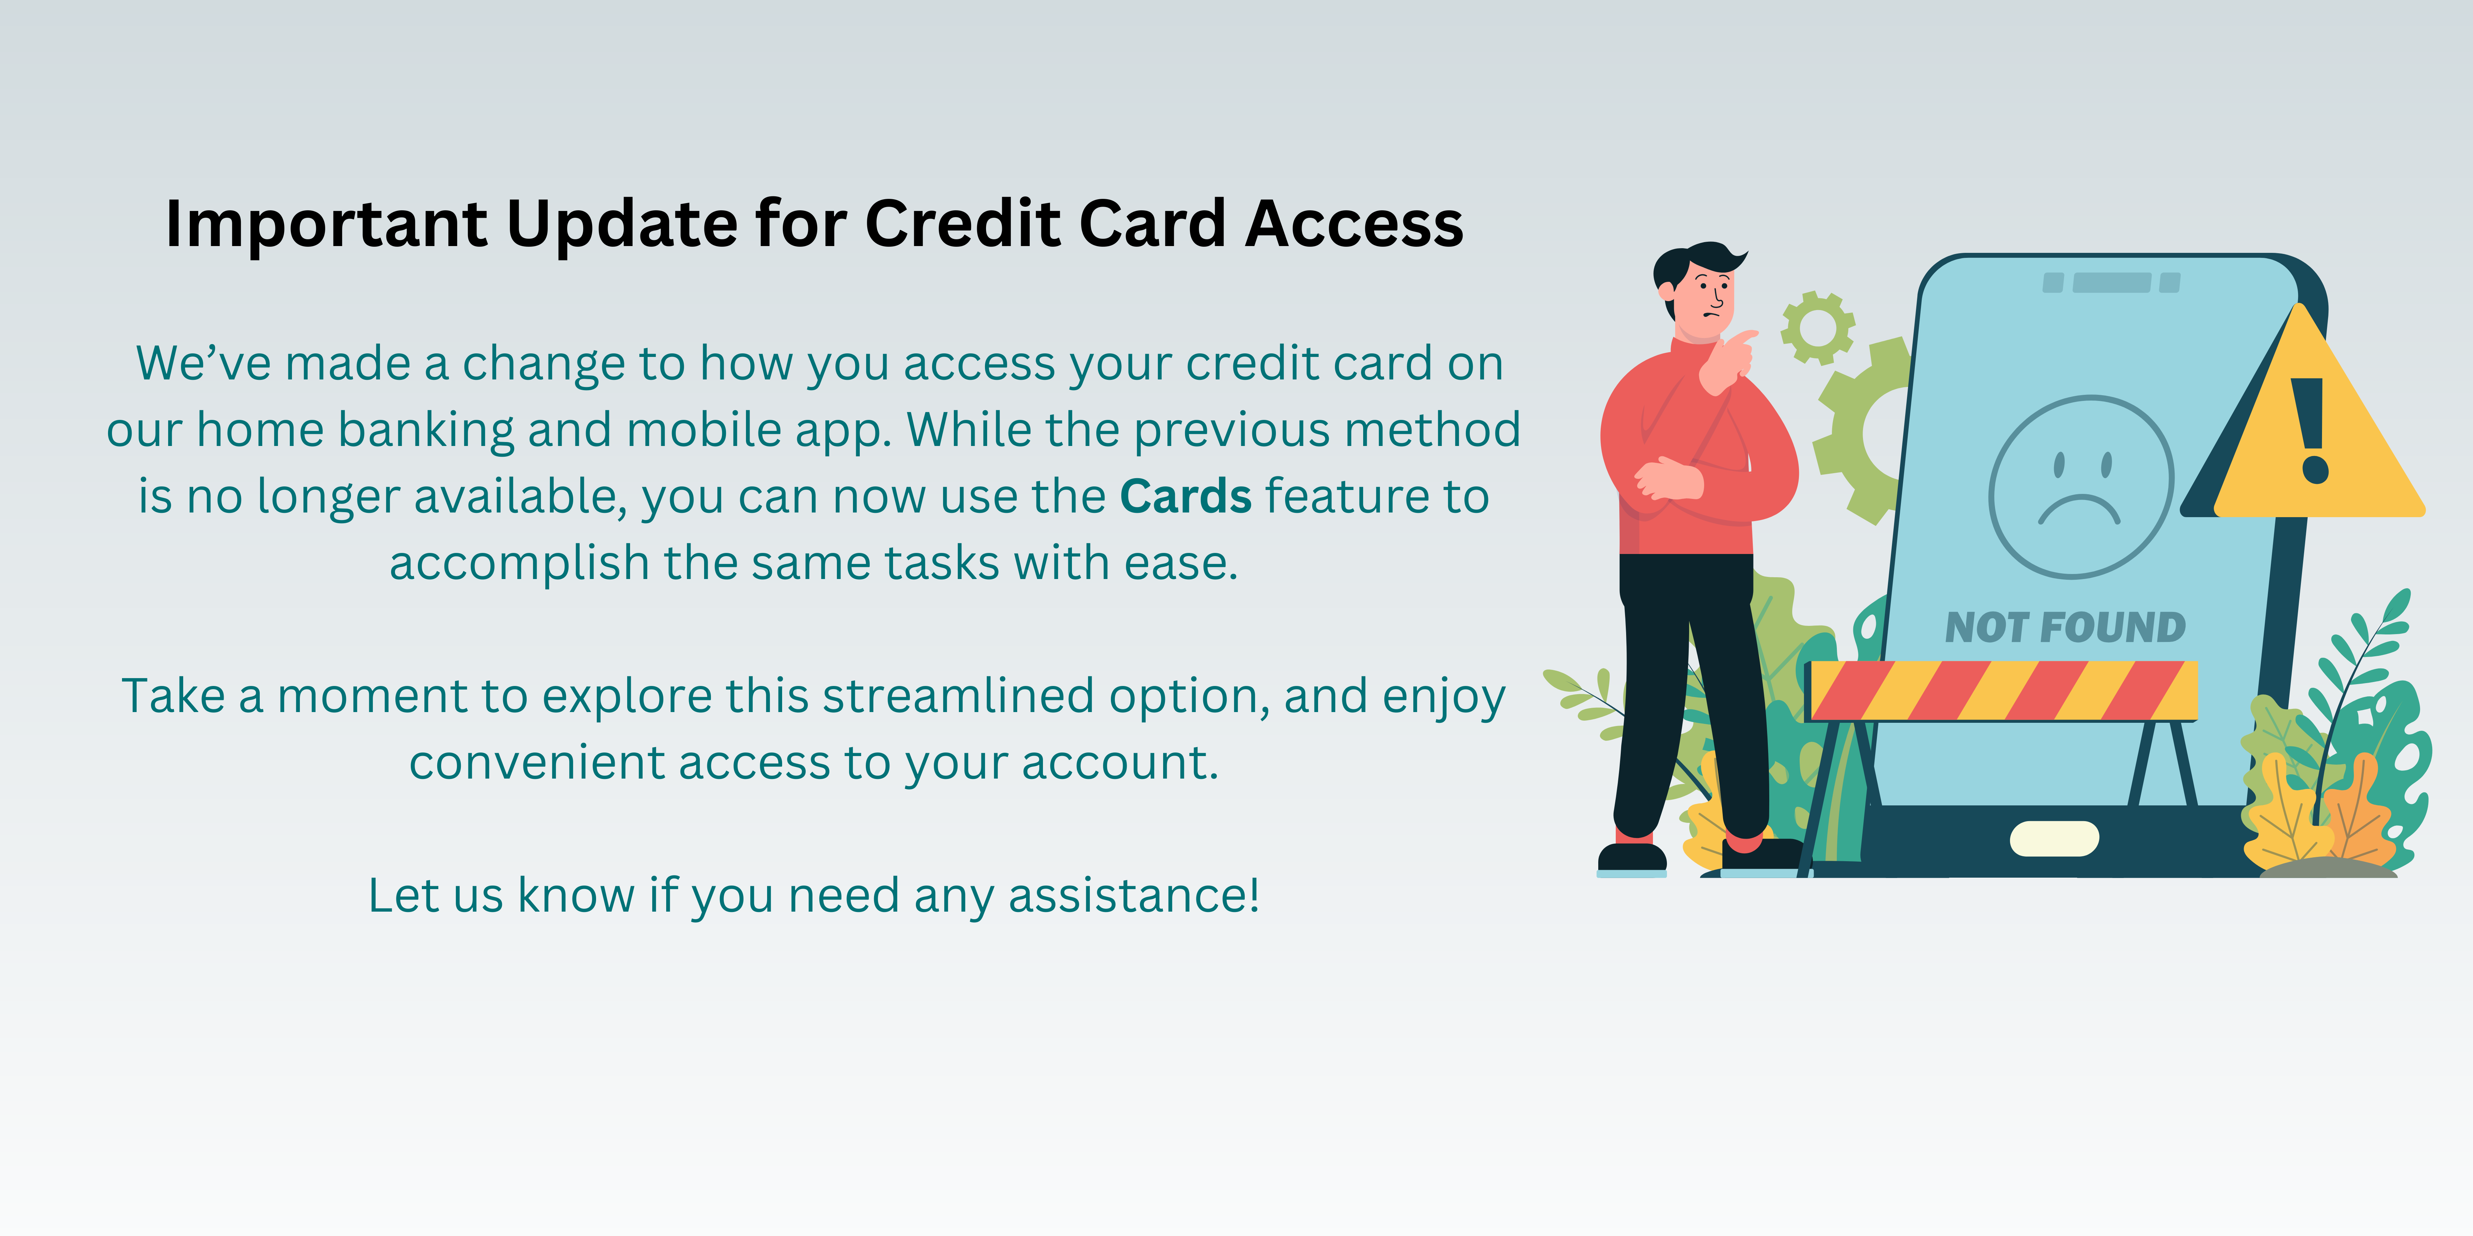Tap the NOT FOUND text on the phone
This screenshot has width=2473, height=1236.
point(2065,628)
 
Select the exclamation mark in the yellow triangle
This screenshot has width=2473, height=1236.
point(2309,430)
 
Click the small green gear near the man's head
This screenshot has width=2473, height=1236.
point(1817,327)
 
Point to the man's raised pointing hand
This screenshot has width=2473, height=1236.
point(1728,360)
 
